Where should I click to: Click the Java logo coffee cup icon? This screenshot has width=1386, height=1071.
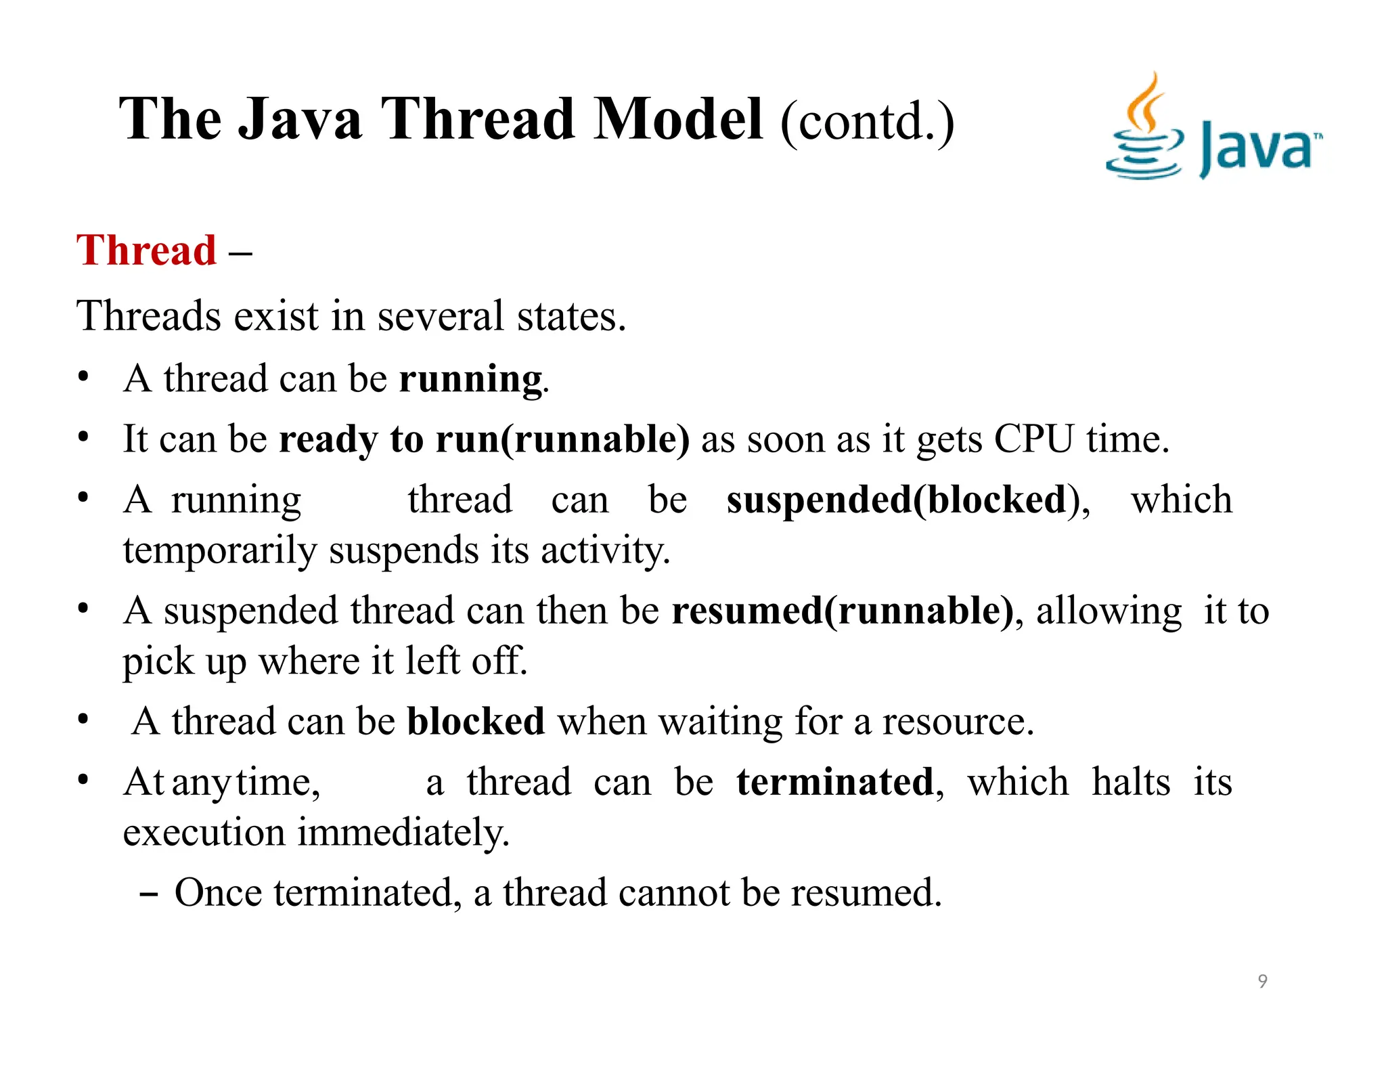click(1145, 129)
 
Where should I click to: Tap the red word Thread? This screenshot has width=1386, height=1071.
click(146, 250)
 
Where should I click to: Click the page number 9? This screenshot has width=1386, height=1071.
click(1262, 981)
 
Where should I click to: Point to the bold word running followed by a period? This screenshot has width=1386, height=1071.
click(471, 378)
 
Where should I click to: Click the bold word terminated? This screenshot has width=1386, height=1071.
click(835, 782)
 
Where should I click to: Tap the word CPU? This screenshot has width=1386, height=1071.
click(1033, 439)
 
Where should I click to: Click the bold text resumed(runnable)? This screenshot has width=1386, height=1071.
click(842, 611)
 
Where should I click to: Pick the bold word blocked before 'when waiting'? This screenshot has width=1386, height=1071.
click(476, 721)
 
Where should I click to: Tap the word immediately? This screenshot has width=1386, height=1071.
click(403, 832)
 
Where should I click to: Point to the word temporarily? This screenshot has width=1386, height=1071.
click(220, 550)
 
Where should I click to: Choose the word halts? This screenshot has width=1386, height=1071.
click(1131, 782)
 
